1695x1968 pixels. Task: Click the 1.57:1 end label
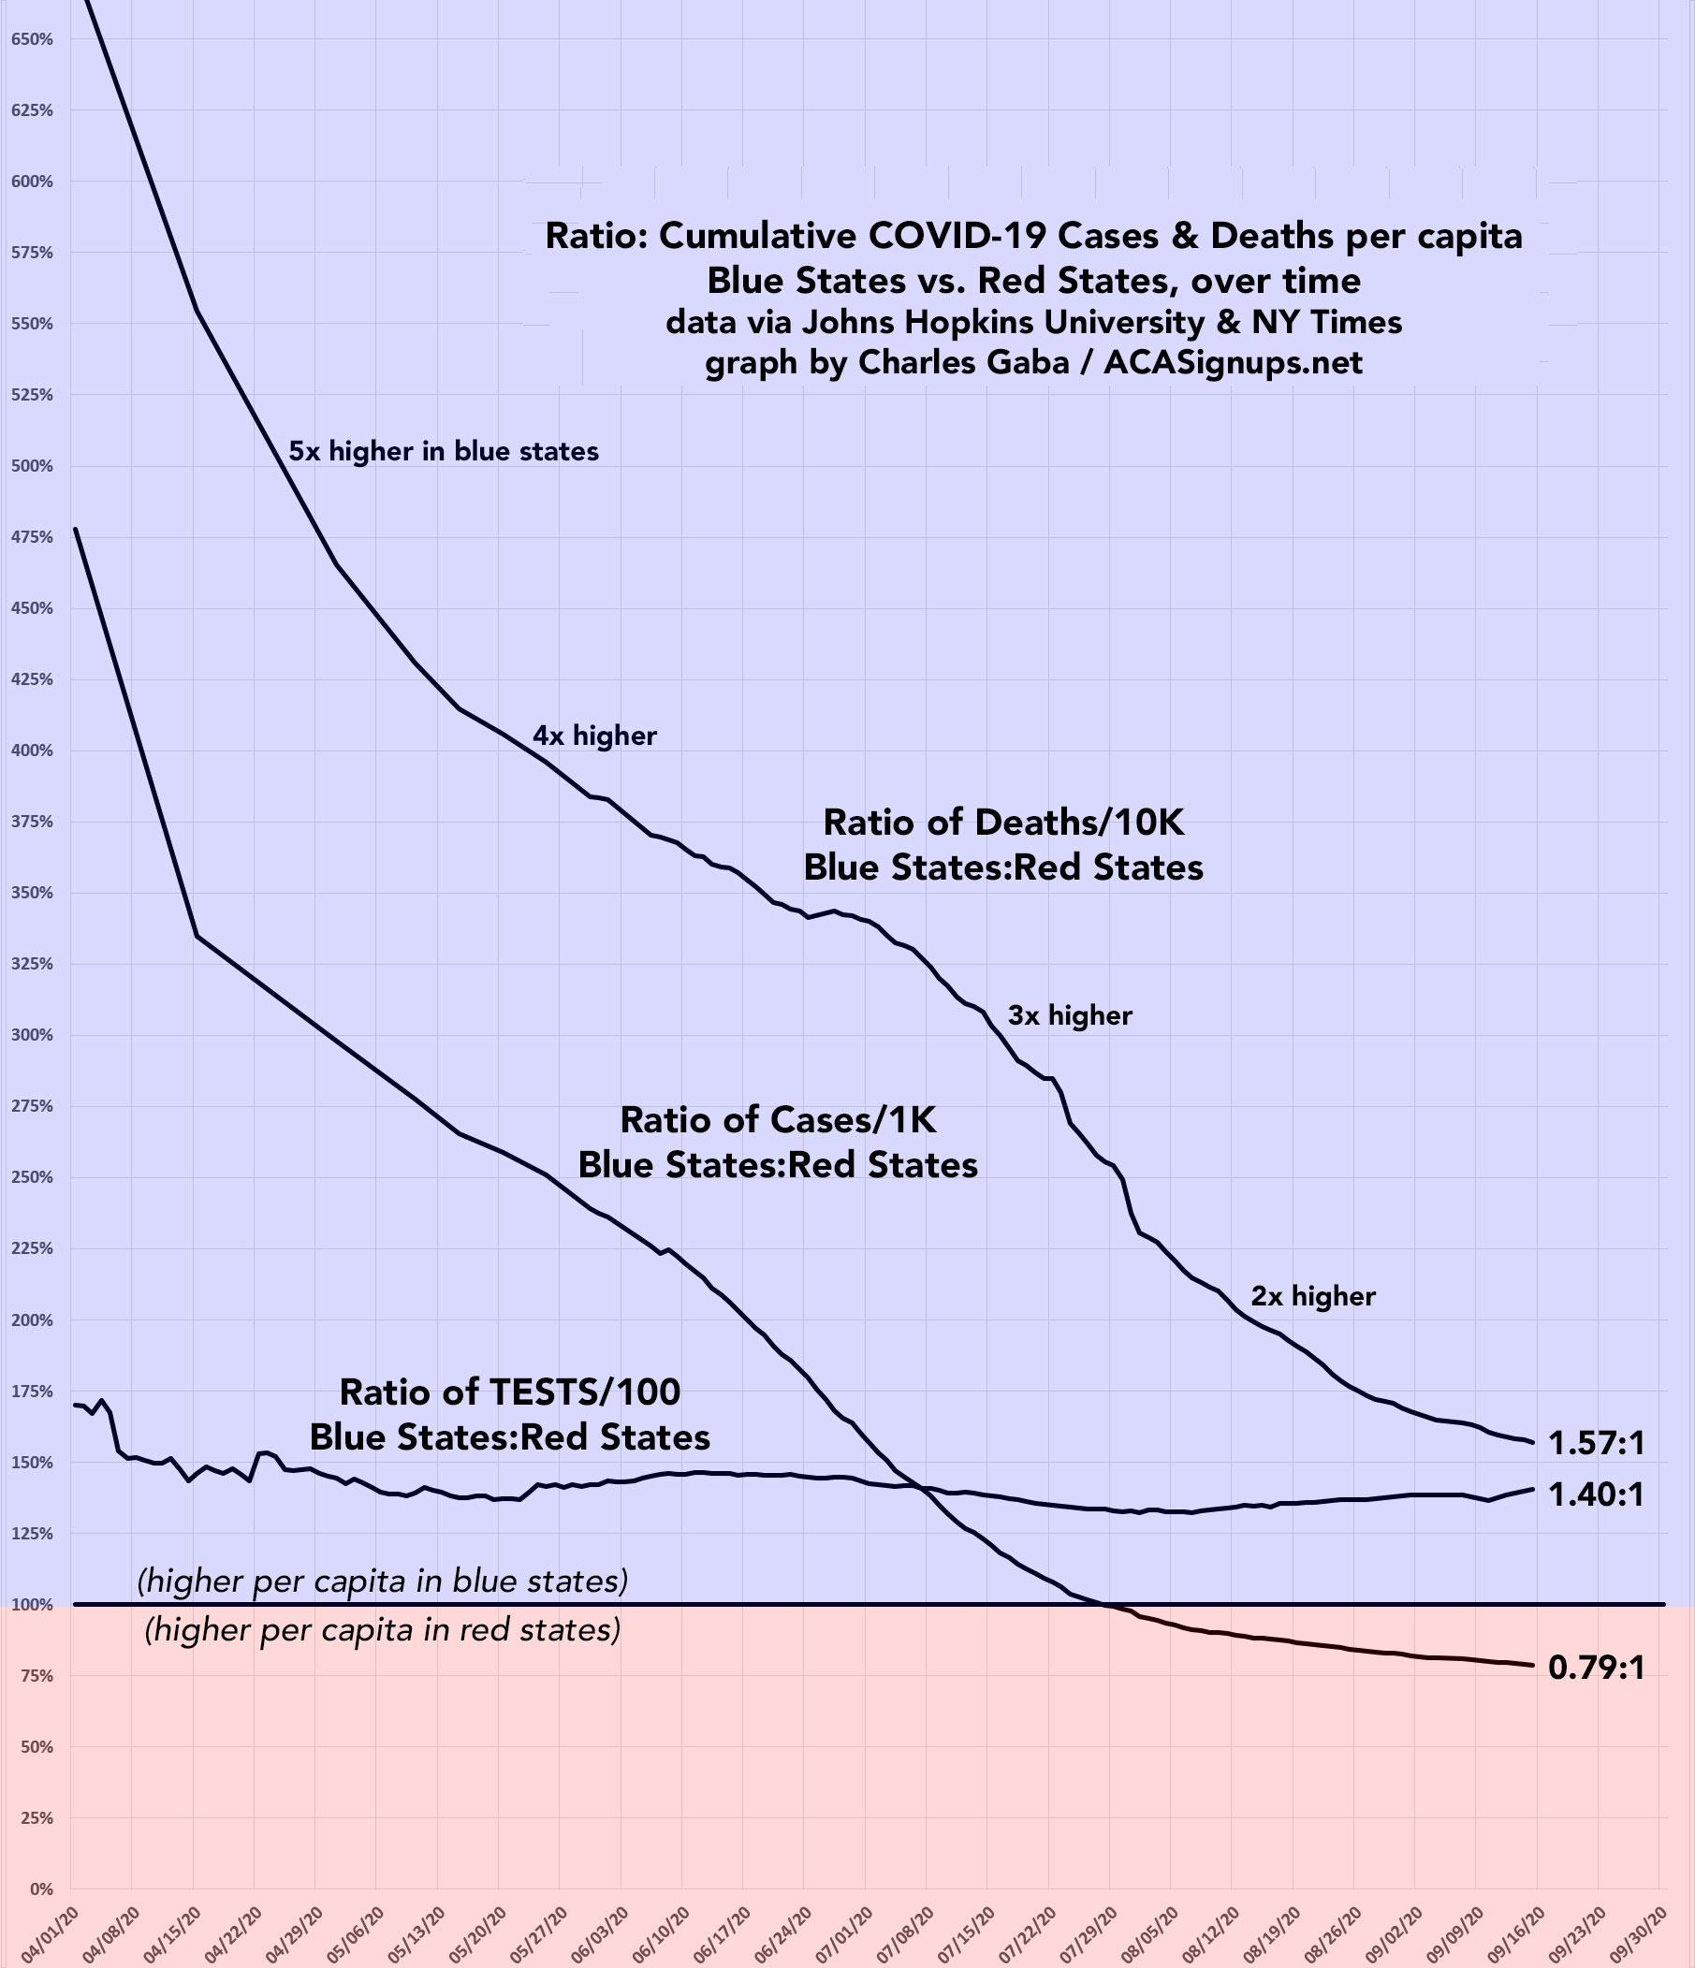click(x=1595, y=1444)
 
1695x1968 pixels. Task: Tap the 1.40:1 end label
click(x=1595, y=1496)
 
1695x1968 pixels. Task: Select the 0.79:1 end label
click(x=1595, y=1667)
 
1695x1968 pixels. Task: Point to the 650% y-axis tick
click(x=33, y=40)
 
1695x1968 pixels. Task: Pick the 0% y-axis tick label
click(x=40, y=1889)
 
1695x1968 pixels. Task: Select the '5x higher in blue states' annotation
click(x=444, y=451)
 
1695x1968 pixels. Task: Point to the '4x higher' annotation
click(x=594, y=736)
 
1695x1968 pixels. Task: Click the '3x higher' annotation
click(x=1070, y=1016)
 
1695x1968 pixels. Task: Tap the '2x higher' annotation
click(x=1313, y=1296)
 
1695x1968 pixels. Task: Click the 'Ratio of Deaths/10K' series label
click(x=1003, y=823)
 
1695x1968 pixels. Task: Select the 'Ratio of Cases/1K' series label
click(x=778, y=1120)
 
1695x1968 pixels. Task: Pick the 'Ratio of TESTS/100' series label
click(x=510, y=1392)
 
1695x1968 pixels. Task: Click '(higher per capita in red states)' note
click(x=382, y=1630)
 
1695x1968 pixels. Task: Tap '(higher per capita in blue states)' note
click(x=382, y=1582)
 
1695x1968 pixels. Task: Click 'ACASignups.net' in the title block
click(x=1233, y=362)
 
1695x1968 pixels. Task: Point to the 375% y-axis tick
click(x=33, y=822)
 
